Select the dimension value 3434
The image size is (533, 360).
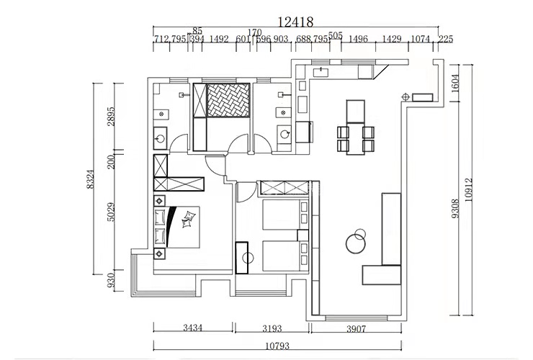coord(192,328)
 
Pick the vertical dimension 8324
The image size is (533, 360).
coord(90,178)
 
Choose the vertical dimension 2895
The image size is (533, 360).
coord(111,116)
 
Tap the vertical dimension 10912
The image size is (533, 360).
coord(469,190)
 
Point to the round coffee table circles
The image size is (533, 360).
coord(356,240)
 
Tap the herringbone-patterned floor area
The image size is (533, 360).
coord(228,100)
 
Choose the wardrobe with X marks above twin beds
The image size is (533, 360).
coord(284,189)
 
